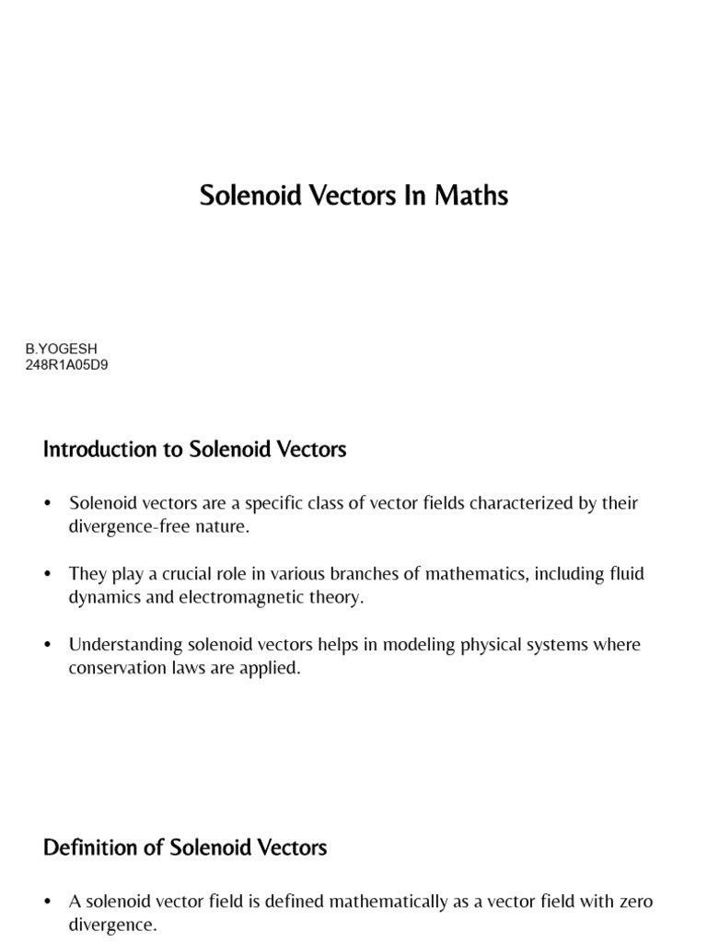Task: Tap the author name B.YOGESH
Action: [61, 350]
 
